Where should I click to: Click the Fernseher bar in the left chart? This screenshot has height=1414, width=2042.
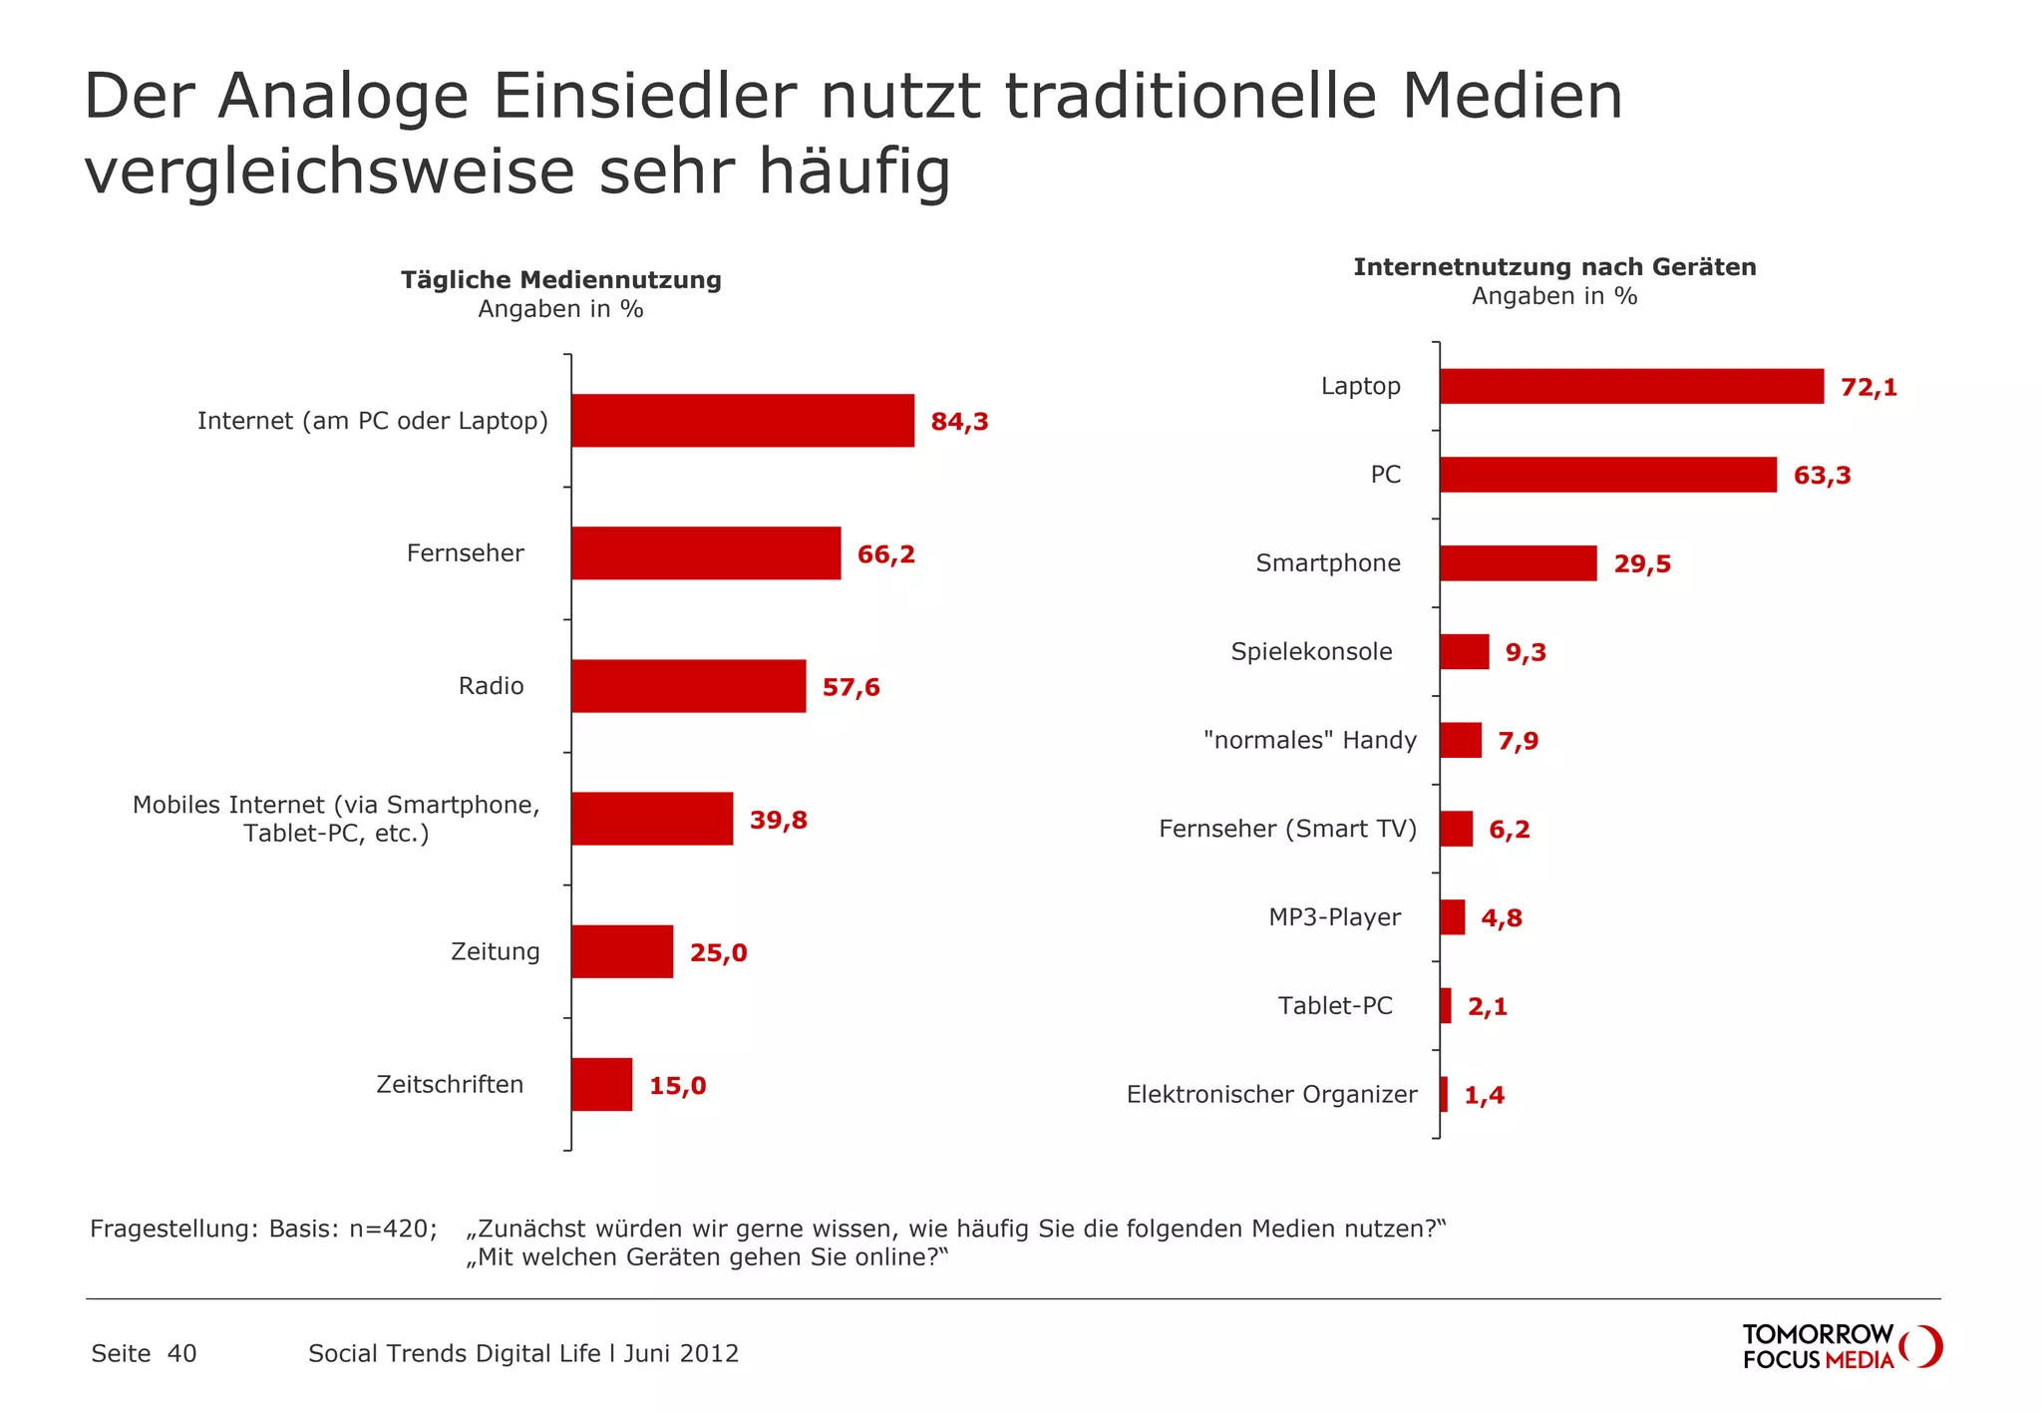coord(706,553)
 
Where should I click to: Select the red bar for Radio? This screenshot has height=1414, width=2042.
coord(688,686)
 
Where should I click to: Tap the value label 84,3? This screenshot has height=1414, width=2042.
coord(959,422)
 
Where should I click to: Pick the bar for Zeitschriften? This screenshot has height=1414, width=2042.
coord(601,1085)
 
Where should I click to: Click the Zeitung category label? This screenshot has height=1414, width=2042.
coord(495,951)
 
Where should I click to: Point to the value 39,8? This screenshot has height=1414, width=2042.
coord(778,821)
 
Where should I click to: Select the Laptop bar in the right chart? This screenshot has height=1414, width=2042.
coord(1631,387)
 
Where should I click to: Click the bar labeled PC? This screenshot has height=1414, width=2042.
coord(1607,475)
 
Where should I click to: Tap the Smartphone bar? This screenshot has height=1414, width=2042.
coord(1518,563)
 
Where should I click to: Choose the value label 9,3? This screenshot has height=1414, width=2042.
coord(1526,653)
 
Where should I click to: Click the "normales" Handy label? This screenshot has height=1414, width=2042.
coord(1309,740)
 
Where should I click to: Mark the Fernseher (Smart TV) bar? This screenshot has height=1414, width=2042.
coord(1456,829)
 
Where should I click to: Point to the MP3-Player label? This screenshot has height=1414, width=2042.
coord(1334,917)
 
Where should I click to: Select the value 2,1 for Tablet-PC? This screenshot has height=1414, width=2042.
coord(1487,1007)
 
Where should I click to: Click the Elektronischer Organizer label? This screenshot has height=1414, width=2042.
coord(1271,1095)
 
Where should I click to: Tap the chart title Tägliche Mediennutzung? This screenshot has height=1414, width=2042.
coord(561,280)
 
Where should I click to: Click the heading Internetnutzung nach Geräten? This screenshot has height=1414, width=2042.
coord(1554,267)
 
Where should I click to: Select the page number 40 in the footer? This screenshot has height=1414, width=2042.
coord(181,1353)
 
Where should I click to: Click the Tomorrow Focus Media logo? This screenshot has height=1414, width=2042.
coord(1841,1347)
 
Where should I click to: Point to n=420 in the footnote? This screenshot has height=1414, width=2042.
coord(393,1229)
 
